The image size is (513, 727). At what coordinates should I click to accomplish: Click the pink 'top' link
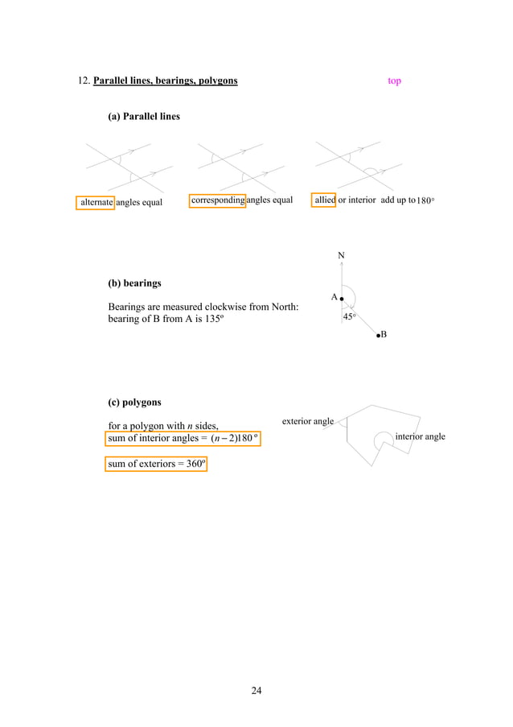coord(394,81)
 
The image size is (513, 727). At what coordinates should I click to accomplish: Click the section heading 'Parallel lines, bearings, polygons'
coord(165,81)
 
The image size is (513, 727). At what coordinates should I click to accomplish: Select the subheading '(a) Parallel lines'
coord(144,117)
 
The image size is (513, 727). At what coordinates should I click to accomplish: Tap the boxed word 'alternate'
coord(96,202)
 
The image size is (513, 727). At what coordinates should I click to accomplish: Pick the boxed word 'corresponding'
coord(217,200)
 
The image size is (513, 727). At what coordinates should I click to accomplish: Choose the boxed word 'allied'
coord(324,200)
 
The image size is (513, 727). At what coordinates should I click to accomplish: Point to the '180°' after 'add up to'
coord(425,201)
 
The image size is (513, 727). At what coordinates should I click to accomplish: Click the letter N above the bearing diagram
coord(341,256)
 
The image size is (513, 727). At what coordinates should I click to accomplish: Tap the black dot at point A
coord(343,299)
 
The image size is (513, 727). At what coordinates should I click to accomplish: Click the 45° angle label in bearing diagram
coord(350,317)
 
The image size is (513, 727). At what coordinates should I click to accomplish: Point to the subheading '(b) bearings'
coord(134,283)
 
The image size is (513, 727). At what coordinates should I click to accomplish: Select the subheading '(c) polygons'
coord(134,402)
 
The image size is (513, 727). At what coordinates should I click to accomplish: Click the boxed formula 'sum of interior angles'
coord(183,438)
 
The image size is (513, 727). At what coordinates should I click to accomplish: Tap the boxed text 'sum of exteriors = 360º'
coord(157,464)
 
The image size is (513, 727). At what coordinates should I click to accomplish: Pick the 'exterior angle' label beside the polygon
coord(308,421)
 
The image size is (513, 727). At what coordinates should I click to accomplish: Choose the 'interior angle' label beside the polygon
coord(420,436)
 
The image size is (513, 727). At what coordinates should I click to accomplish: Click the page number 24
coord(256,690)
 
